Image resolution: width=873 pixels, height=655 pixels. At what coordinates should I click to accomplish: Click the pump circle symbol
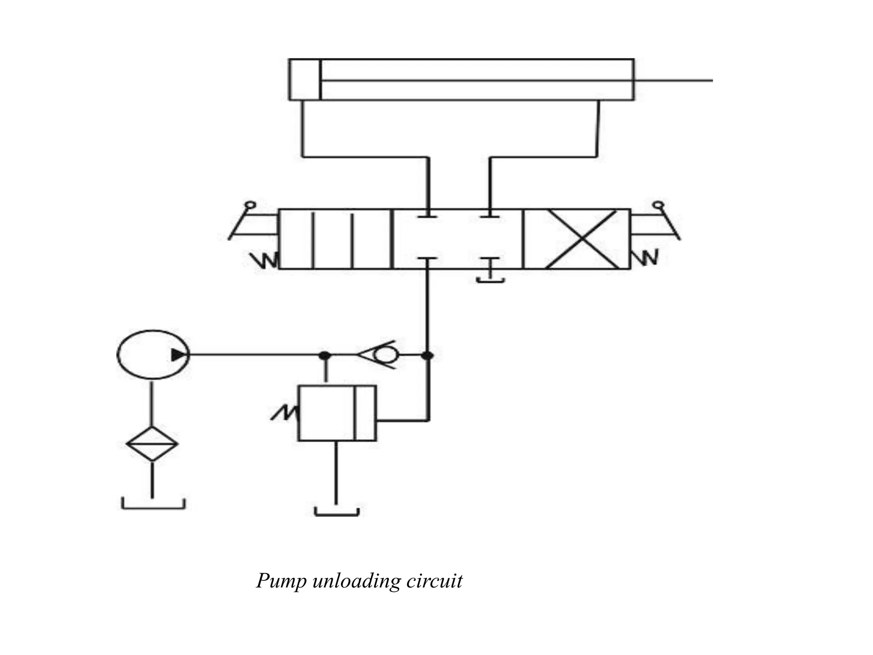153,354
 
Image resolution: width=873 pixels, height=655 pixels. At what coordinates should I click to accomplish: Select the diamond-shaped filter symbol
152,443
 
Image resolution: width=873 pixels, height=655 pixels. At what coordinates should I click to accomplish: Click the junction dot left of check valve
325,355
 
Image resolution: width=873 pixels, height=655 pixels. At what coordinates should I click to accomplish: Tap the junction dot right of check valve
428,355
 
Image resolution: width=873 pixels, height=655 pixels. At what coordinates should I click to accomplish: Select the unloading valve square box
337,413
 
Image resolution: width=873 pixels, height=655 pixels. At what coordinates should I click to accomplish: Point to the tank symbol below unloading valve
337,512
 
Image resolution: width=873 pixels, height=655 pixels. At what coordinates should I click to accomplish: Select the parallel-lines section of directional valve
335,239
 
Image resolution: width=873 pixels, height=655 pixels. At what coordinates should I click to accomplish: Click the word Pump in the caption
281,581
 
